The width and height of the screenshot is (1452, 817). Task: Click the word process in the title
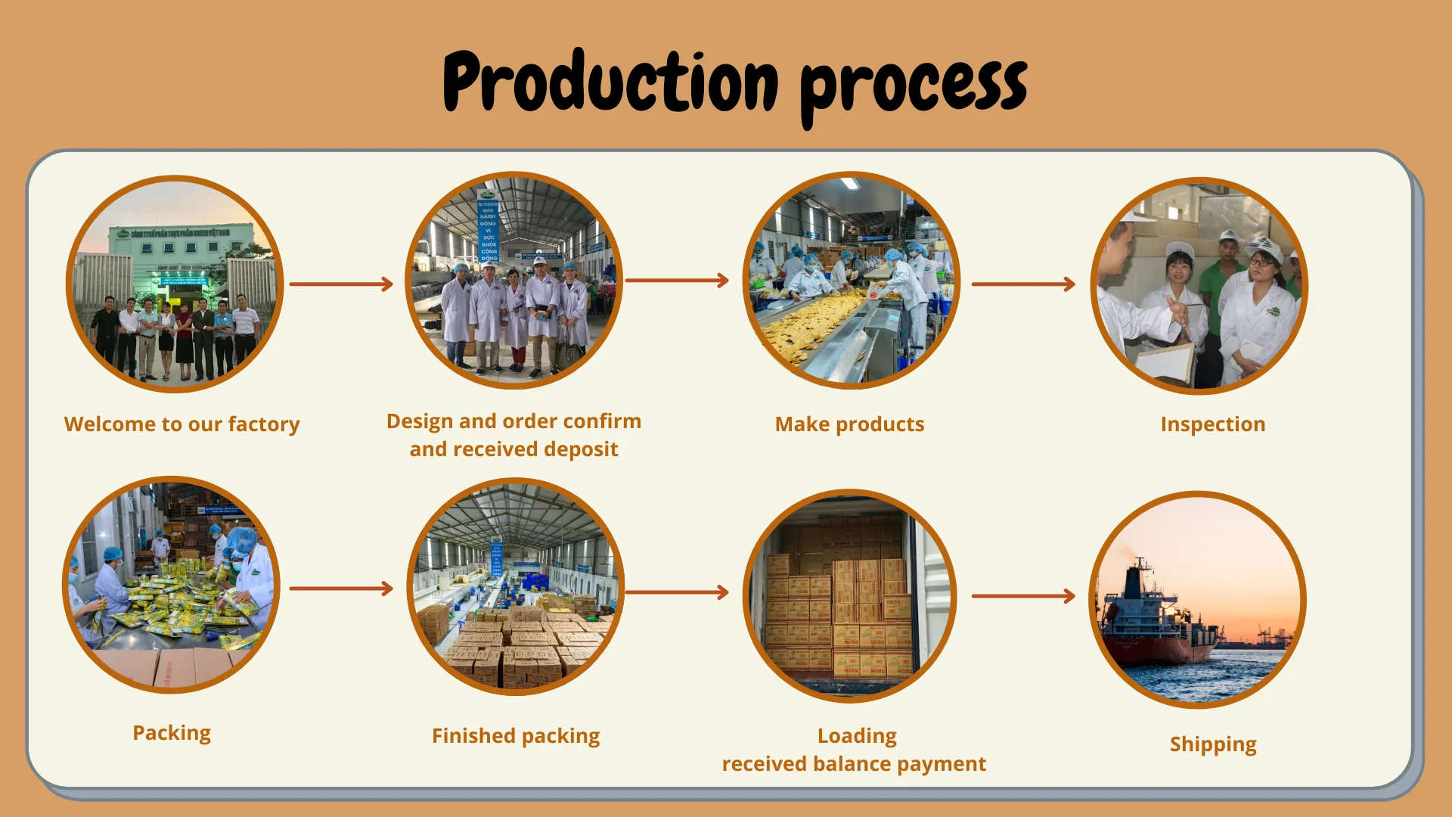click(x=914, y=88)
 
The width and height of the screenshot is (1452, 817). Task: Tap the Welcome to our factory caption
click(x=181, y=424)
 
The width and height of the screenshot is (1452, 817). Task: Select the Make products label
click(x=849, y=424)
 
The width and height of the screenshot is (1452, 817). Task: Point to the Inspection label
click(x=1212, y=424)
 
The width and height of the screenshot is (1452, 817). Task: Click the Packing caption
click(x=172, y=733)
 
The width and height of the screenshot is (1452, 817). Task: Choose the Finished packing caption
click(x=516, y=736)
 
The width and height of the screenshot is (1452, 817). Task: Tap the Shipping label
click(x=1212, y=744)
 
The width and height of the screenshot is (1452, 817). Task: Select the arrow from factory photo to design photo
click(x=341, y=284)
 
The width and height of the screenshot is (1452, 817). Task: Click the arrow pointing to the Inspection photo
click(x=1022, y=284)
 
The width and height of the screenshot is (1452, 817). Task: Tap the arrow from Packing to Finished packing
click(x=341, y=589)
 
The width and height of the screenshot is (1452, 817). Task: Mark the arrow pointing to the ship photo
click(x=1022, y=596)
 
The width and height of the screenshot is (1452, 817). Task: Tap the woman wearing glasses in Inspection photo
click(x=1259, y=303)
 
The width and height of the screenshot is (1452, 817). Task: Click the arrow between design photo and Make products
click(x=677, y=281)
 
